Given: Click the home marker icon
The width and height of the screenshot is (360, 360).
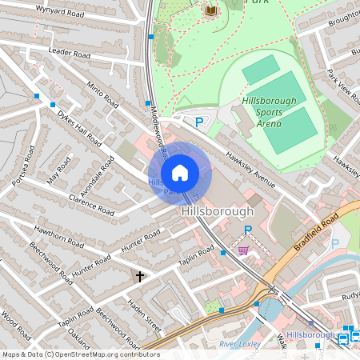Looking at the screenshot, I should (180, 172).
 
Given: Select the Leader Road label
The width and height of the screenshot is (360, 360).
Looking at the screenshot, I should (70, 52).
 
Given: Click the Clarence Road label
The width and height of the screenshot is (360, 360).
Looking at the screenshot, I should (93, 205).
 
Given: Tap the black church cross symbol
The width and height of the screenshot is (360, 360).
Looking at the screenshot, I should (140, 276).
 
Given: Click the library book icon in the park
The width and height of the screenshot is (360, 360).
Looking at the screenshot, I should (211, 10).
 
